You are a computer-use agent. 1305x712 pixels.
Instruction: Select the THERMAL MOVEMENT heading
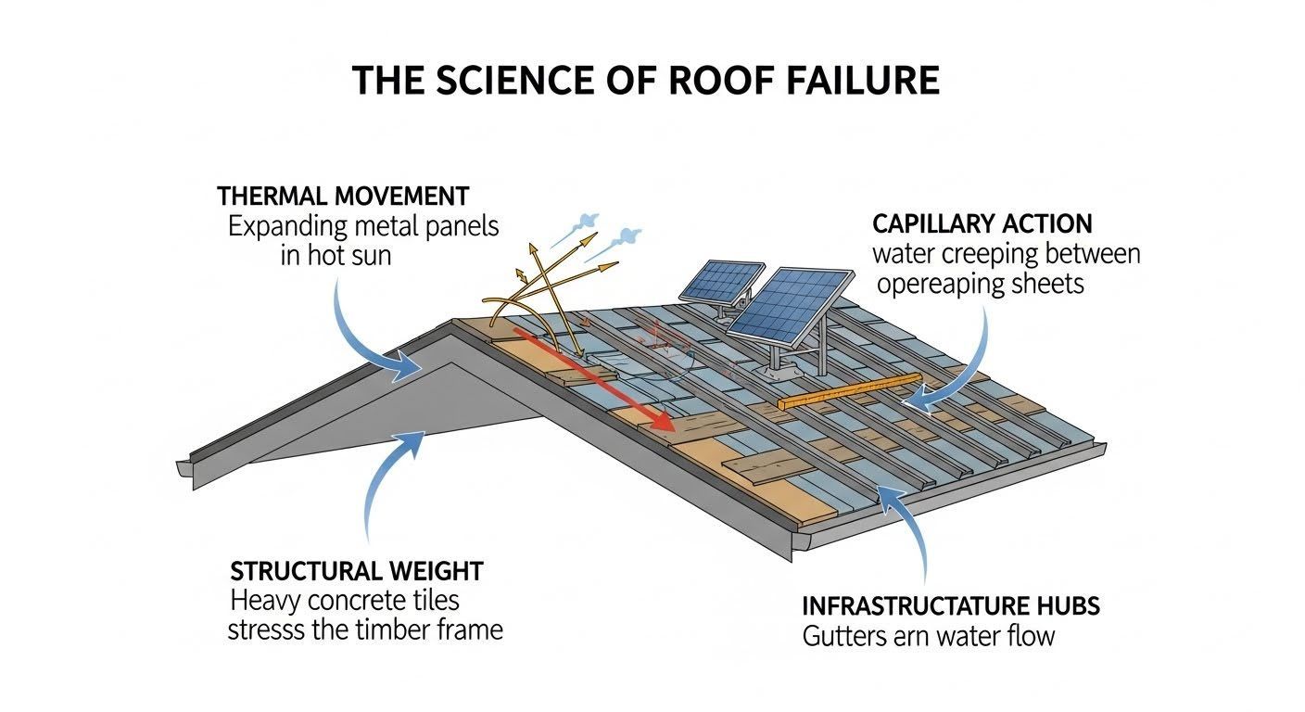point(343,197)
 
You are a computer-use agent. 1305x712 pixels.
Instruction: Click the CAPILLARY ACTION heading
point(982,223)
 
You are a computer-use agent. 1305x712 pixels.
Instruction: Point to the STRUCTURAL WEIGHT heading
point(357,570)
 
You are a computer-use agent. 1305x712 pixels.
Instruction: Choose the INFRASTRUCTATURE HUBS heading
point(950,607)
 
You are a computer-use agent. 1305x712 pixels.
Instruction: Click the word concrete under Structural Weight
point(350,601)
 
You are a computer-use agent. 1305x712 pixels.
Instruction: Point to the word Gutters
point(843,637)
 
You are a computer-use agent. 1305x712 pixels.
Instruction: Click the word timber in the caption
point(391,630)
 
